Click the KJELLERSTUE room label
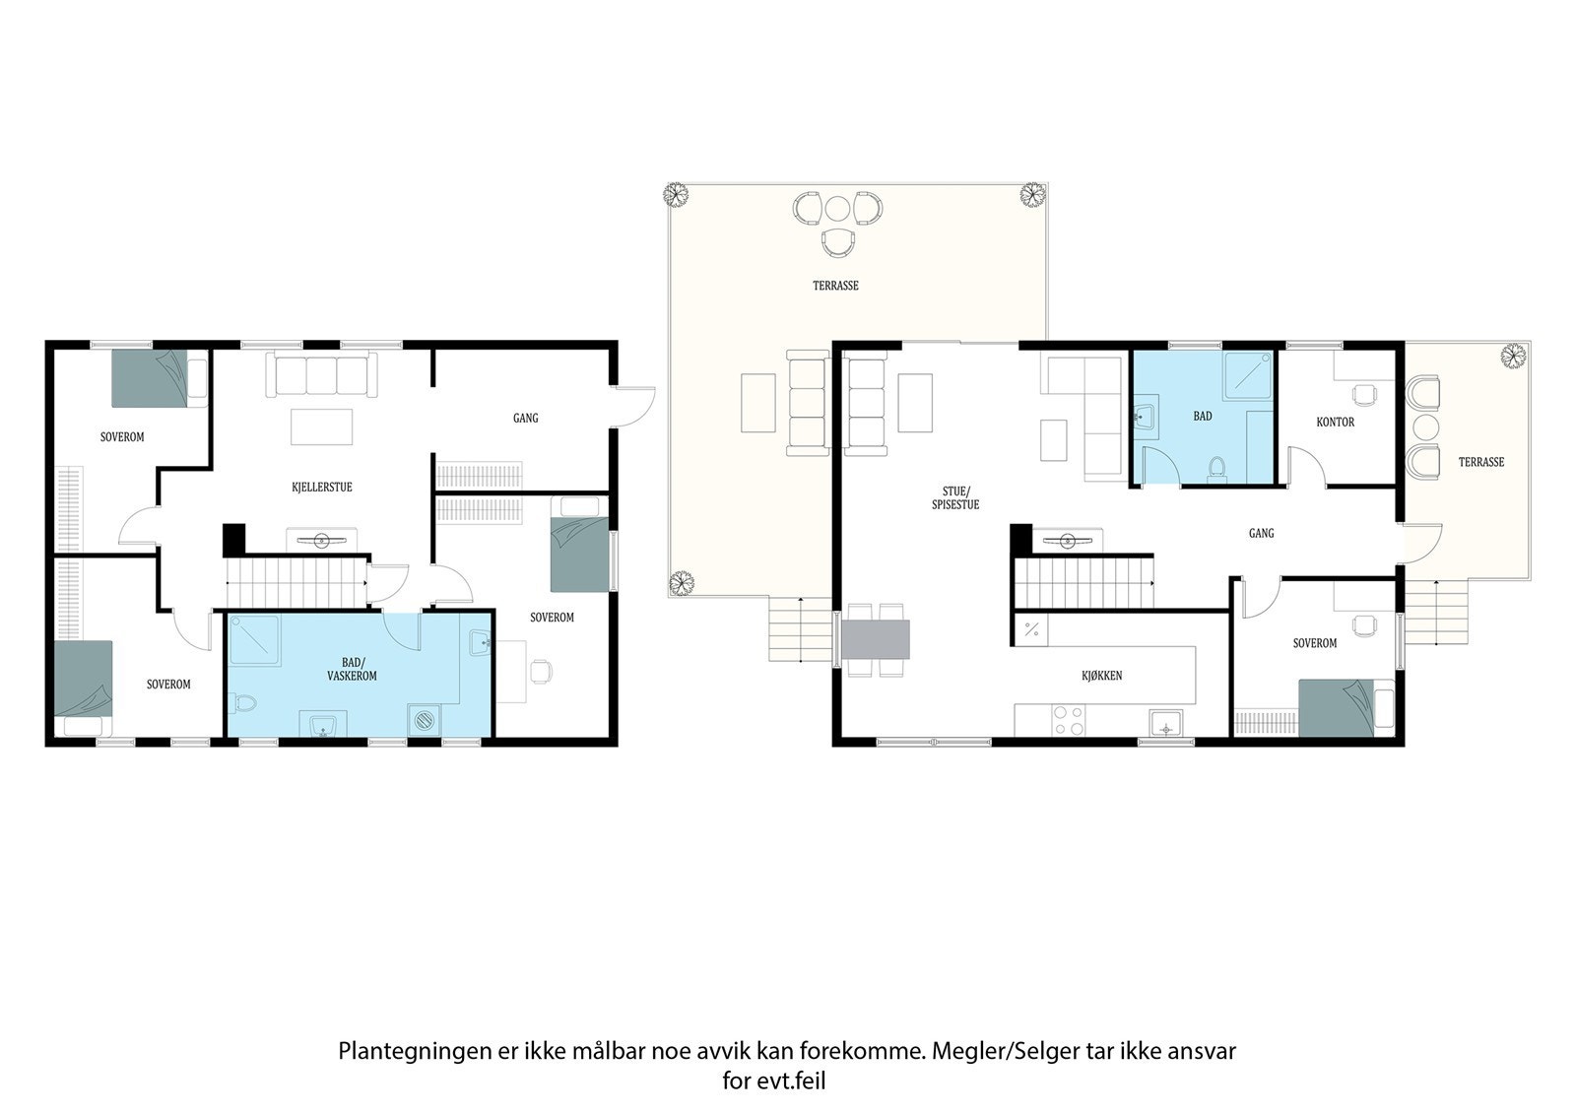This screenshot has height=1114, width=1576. [321, 487]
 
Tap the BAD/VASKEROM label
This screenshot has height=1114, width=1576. [352, 669]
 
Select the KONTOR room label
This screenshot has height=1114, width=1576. [1335, 422]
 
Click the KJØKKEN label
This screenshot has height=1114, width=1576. [1101, 676]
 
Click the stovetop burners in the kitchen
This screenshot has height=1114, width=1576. [1068, 720]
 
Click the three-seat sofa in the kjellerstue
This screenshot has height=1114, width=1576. [322, 375]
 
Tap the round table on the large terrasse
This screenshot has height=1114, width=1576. [837, 209]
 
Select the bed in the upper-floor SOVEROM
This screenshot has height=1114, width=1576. [1346, 707]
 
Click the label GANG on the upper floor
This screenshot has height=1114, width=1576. [1261, 533]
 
